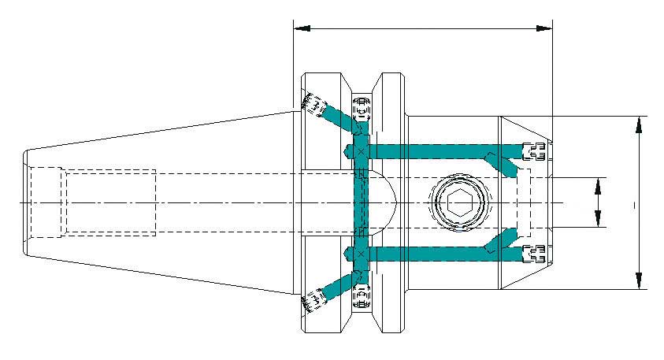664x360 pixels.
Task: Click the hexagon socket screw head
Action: point(459,204)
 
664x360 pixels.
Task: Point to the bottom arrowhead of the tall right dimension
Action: point(638,280)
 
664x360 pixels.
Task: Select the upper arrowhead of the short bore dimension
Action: point(598,185)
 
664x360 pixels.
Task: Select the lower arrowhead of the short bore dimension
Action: point(598,221)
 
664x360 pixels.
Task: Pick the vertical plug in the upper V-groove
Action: point(362,107)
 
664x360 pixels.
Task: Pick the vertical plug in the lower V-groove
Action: point(362,297)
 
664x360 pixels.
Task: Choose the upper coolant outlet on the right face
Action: point(536,150)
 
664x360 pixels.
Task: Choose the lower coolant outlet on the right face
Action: point(536,254)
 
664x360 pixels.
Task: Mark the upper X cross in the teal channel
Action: point(361,150)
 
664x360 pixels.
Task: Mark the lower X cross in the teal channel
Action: point(361,254)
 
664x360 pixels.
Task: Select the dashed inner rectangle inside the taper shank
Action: point(110,202)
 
